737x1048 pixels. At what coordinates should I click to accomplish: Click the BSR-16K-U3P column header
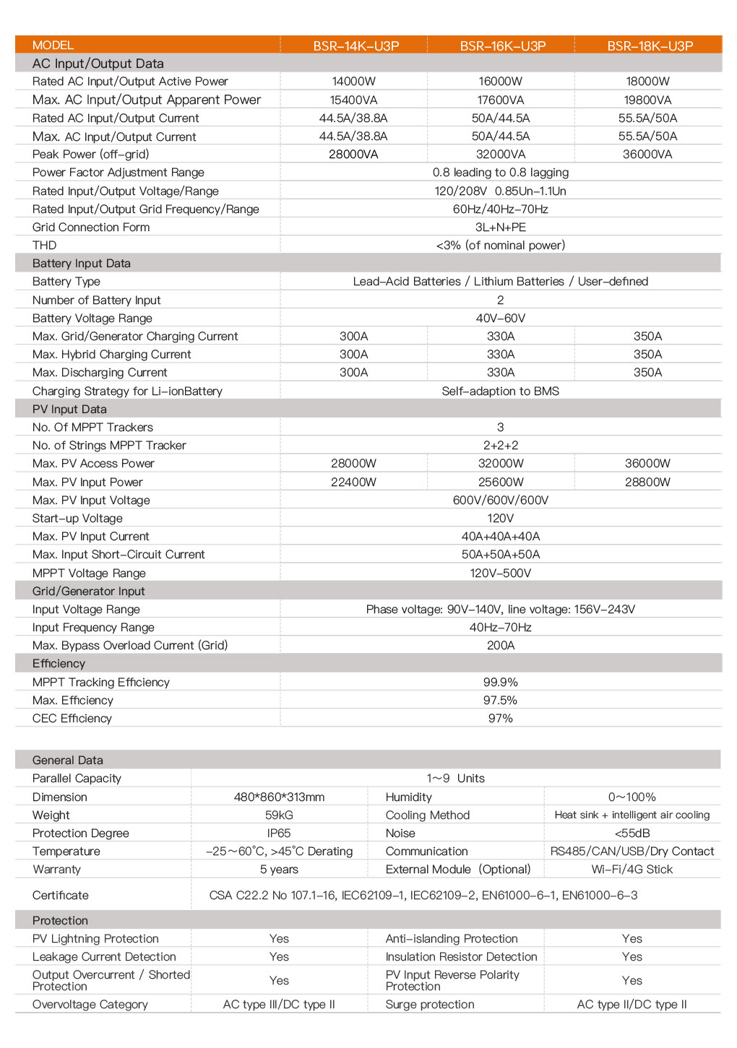[502, 46]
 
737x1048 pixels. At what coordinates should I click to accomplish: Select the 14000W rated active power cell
[353, 82]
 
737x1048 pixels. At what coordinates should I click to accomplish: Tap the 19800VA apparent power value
[647, 100]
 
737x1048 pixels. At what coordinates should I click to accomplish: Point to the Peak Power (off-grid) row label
[90, 155]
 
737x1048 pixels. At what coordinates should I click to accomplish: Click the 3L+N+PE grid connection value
[500, 228]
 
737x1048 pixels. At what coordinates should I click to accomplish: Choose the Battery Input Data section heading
[81, 264]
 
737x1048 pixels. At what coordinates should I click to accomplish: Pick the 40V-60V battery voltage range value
[500, 319]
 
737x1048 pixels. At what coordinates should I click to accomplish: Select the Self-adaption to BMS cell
[500, 391]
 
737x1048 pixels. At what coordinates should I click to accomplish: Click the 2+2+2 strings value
[500, 446]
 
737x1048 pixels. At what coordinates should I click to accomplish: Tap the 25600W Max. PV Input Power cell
[500, 482]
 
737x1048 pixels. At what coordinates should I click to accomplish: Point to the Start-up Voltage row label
[77, 519]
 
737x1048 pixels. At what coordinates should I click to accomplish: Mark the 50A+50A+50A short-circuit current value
[500, 555]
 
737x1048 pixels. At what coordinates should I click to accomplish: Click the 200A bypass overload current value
[500, 646]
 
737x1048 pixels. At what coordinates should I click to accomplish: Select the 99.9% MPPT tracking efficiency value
[500, 683]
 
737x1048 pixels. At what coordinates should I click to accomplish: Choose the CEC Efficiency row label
[72, 719]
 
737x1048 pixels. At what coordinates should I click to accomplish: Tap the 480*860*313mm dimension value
[279, 797]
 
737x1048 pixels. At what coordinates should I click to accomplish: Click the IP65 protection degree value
[279, 833]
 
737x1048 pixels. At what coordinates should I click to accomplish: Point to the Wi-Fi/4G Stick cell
[632, 870]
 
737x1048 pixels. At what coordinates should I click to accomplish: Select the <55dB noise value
[632, 833]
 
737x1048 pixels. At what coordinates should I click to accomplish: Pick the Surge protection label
[429, 1005]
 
